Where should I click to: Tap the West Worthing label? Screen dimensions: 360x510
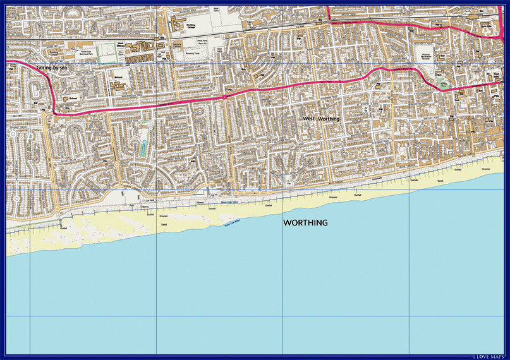pos(321,118)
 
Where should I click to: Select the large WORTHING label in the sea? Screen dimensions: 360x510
pos(305,223)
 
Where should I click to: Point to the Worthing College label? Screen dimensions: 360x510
pos(191,27)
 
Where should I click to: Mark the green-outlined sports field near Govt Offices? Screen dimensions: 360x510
pos(107,54)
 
